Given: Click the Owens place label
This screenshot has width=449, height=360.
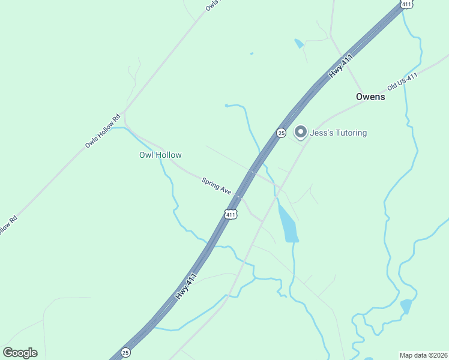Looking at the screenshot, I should coord(370,97).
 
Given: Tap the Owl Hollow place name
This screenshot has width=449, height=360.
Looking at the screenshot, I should coord(160,155).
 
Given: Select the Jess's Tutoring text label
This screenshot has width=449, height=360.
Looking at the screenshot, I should coord(338,133).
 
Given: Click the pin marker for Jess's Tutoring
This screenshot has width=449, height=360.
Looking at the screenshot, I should coord(301,131).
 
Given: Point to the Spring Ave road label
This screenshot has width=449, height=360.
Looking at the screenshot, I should coord(217,185).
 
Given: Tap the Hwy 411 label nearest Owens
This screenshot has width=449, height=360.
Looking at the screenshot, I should coord(340,65).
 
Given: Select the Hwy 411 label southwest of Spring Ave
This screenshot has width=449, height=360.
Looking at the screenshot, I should coord(187,287).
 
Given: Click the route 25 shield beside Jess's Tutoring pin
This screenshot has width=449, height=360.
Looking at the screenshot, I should coord(281,133).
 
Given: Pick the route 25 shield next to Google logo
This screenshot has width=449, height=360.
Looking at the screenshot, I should coord(125,352).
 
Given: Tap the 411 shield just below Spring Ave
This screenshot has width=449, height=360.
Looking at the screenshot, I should coord(231,214).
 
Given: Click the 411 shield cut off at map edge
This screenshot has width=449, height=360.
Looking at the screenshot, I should coord(407,4).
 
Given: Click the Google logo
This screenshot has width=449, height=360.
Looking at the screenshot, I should coord(20,353).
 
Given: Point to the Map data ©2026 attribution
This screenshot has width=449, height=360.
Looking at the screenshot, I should coord(423,355).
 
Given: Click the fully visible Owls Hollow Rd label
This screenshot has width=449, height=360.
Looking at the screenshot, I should coord(103,131).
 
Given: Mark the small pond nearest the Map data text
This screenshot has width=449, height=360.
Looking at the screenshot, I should coord(406,306).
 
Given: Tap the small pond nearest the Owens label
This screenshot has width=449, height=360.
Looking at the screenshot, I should coord(299,44).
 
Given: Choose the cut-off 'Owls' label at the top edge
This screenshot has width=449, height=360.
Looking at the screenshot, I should coord(211,5).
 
